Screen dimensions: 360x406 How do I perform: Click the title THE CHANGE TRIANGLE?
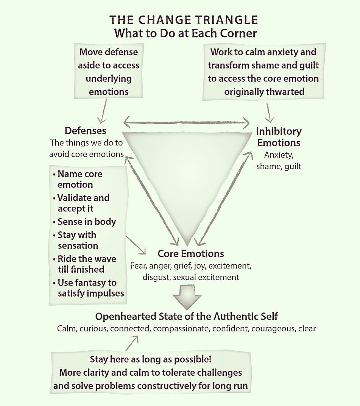(x=184, y=20)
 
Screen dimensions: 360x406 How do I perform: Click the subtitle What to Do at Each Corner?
(x=185, y=33)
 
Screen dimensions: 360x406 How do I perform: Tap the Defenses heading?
(x=86, y=131)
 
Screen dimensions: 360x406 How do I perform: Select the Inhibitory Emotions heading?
(x=279, y=137)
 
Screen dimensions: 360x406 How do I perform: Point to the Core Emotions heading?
(x=191, y=254)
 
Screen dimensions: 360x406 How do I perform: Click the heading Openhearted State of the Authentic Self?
(x=186, y=316)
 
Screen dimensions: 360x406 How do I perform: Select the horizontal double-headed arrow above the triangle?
(x=187, y=122)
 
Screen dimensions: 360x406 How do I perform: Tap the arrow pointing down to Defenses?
(x=103, y=111)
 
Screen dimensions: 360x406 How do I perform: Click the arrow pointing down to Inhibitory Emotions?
(x=269, y=112)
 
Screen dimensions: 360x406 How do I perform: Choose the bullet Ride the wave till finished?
(x=84, y=264)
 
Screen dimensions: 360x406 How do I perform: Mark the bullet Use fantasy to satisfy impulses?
(x=88, y=288)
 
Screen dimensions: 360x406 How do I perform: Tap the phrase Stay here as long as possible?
(x=151, y=359)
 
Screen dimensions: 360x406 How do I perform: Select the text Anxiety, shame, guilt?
(x=279, y=161)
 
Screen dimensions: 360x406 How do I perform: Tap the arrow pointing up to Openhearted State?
(x=132, y=344)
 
